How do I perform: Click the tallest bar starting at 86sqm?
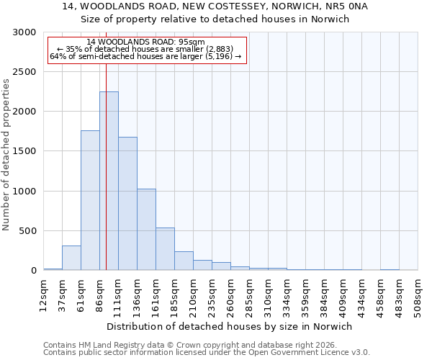[109, 181]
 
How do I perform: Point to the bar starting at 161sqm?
[165, 249]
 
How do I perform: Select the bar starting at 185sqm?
[184, 261]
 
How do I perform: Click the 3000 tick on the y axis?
[24, 32]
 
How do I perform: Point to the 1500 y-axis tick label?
[24, 151]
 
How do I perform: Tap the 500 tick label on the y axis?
[27, 231]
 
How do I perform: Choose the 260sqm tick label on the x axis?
[231, 294]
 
